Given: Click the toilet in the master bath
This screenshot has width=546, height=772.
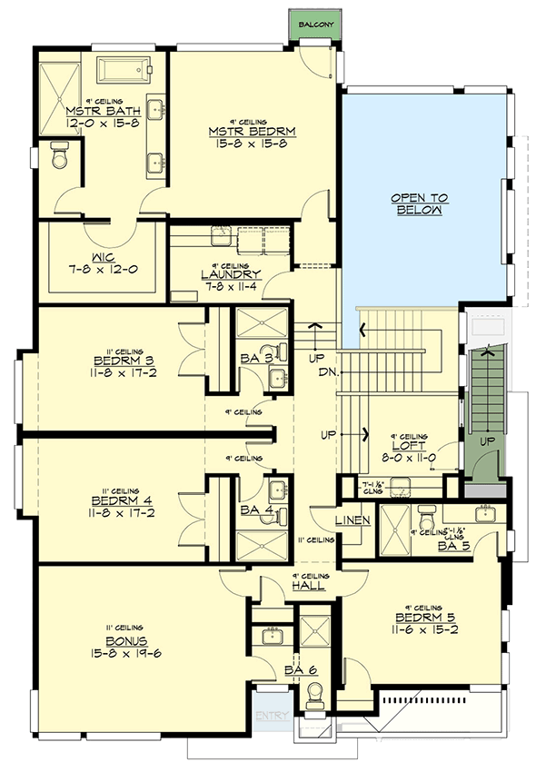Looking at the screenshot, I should click(x=60, y=156).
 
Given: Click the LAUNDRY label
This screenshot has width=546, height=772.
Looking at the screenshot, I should click(x=233, y=273).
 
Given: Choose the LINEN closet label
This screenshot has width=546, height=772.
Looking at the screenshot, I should click(x=352, y=520).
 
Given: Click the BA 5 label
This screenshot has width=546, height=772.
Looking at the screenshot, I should click(x=452, y=548).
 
